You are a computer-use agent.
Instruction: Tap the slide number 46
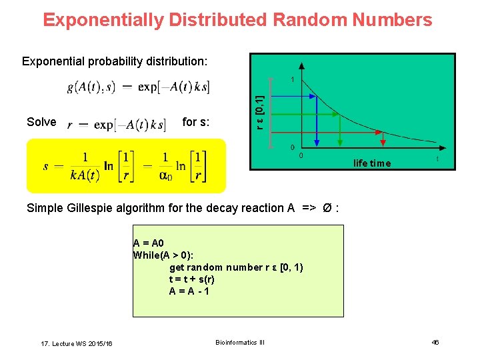coord(435,342)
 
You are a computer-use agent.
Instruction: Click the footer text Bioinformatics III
coord(240,342)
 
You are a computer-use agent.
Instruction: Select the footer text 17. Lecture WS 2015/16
coord(77,343)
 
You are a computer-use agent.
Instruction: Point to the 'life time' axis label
coord(372,163)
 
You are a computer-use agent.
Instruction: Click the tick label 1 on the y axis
coord(292,79)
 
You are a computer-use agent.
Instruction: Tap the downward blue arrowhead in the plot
coord(317,141)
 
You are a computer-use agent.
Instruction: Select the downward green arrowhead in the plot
coord(340,141)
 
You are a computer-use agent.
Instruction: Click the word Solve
coord(41,122)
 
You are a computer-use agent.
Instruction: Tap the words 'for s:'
coord(196,122)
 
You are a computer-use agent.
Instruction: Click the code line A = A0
coord(148,243)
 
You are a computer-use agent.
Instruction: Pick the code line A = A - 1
coord(190,291)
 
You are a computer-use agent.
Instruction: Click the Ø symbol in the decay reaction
coord(327,208)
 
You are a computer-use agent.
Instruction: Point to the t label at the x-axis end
coord(437,159)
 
